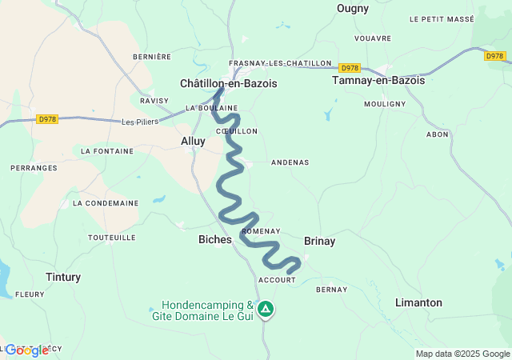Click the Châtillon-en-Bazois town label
228,82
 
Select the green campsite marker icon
265,309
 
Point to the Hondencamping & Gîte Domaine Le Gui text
207,310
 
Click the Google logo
26,350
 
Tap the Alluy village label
193,141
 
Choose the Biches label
214,239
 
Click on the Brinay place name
320,241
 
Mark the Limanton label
418,302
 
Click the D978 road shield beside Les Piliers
48,119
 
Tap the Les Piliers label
140,122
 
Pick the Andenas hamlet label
290,162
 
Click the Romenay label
261,230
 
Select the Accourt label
277,280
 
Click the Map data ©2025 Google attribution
462,354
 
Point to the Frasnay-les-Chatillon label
279,63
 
